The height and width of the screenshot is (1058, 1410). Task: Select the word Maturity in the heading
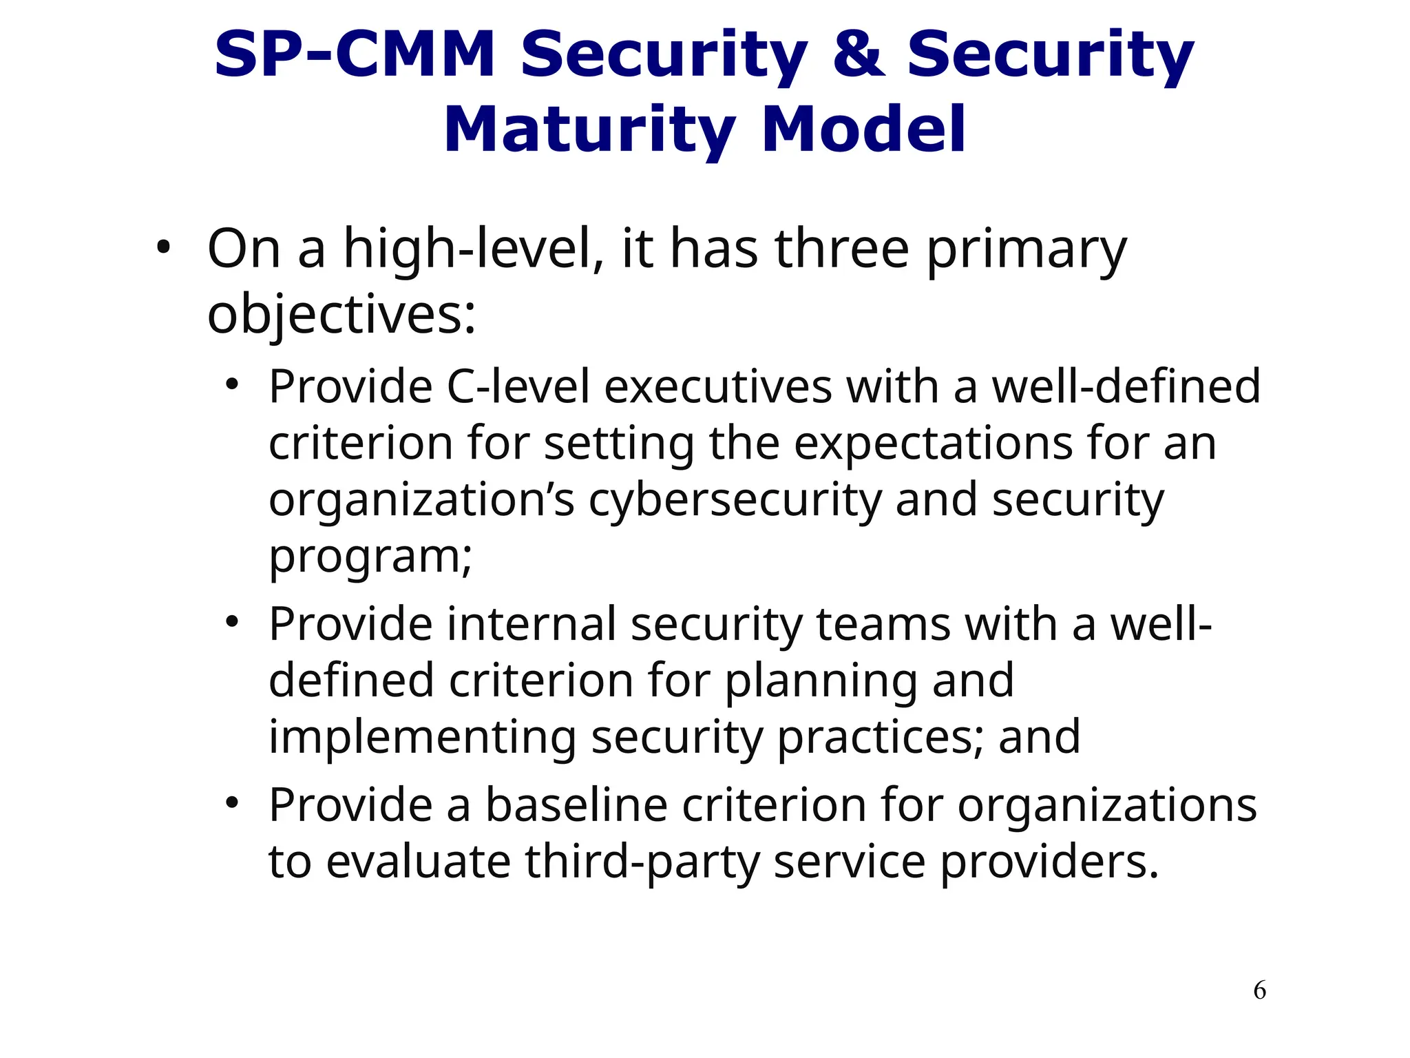coord(589,131)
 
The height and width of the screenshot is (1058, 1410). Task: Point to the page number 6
coord(1259,990)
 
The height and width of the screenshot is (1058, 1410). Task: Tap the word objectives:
coord(341,315)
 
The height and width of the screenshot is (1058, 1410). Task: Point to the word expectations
coord(933,444)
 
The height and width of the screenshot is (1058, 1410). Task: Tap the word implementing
coord(422,737)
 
